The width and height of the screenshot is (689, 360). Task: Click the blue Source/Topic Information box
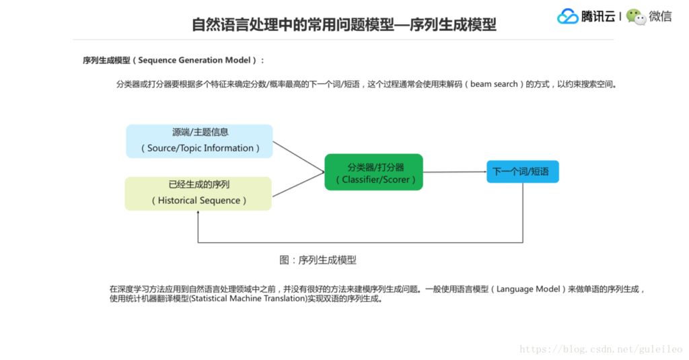(x=199, y=141)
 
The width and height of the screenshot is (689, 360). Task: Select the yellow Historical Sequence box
(x=198, y=193)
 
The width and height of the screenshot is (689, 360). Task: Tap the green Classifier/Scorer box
(x=373, y=172)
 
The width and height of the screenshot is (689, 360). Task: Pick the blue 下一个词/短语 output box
(x=522, y=172)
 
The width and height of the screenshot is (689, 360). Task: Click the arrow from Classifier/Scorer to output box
(x=454, y=172)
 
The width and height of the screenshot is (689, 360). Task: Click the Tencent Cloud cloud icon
(x=568, y=16)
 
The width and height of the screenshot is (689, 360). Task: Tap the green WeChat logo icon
(x=636, y=16)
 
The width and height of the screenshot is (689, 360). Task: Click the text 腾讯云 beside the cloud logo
(x=598, y=17)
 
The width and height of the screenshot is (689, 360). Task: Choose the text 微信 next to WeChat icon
(x=660, y=17)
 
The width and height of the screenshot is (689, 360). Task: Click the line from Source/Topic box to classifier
(x=299, y=156)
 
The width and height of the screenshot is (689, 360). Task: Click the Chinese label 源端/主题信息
(x=200, y=133)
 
